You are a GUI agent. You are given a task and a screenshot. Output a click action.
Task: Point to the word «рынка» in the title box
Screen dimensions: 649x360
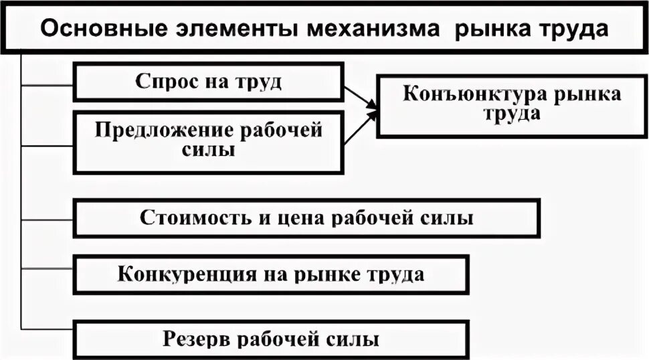pyautogui.click(x=490, y=30)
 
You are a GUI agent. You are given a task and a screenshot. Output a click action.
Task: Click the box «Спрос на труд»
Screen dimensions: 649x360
pyautogui.click(x=208, y=82)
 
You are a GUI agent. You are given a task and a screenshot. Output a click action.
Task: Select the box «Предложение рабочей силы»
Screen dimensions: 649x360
pyautogui.click(x=208, y=141)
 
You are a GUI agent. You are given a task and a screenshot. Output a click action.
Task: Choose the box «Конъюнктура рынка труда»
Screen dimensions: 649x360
pyautogui.click(x=512, y=106)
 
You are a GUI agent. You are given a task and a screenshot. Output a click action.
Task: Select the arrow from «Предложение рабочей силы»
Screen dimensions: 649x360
pyautogui.click(x=360, y=129)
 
